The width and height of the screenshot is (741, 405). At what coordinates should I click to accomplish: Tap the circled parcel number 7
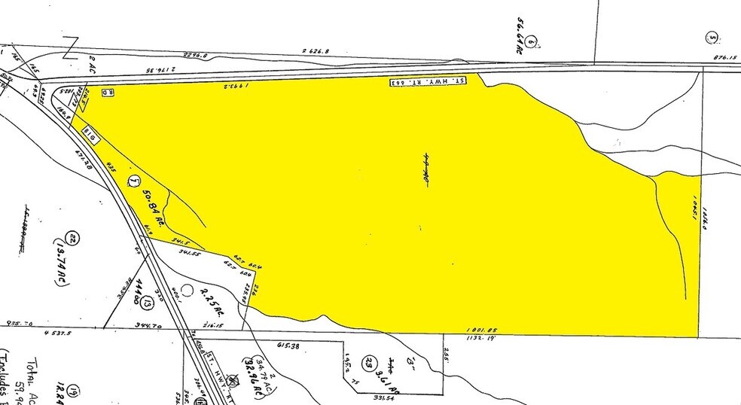tap(134, 181)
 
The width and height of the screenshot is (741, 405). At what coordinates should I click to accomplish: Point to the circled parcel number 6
tap(532, 41)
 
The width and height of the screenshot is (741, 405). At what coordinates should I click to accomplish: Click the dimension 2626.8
tap(316, 51)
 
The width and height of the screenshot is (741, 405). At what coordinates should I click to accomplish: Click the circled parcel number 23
tap(369, 360)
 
